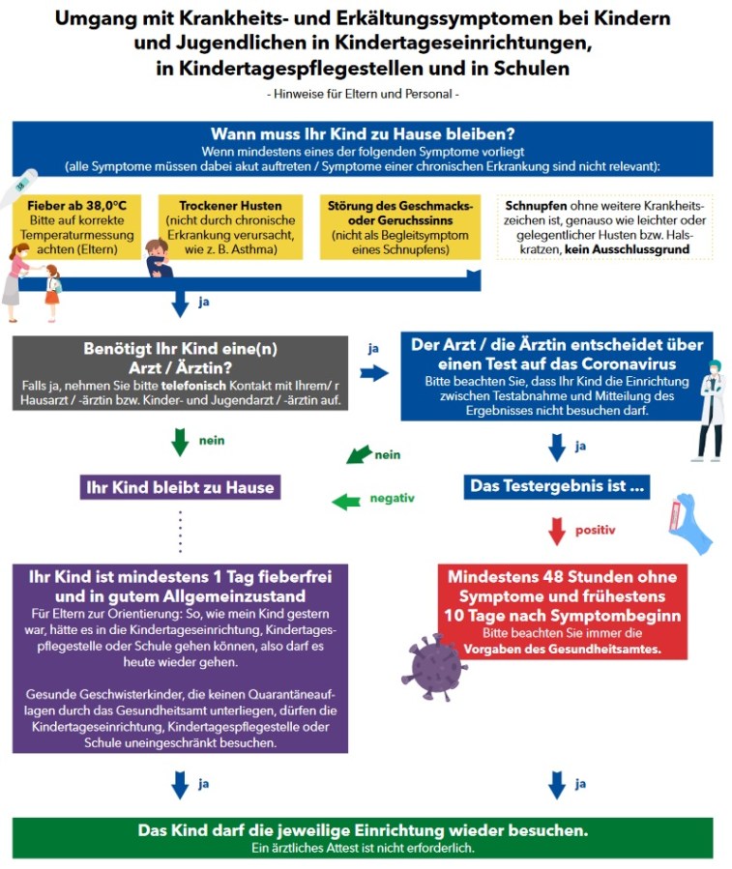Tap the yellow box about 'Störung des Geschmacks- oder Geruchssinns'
[399, 228]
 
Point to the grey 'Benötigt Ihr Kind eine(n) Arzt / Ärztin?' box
[179, 373]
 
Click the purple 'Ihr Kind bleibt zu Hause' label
[181, 487]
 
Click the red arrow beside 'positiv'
[556, 531]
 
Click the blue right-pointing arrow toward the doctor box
[373, 373]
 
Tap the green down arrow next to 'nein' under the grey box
[180, 441]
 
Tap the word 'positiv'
[595, 530]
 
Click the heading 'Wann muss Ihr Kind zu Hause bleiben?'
[363, 134]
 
